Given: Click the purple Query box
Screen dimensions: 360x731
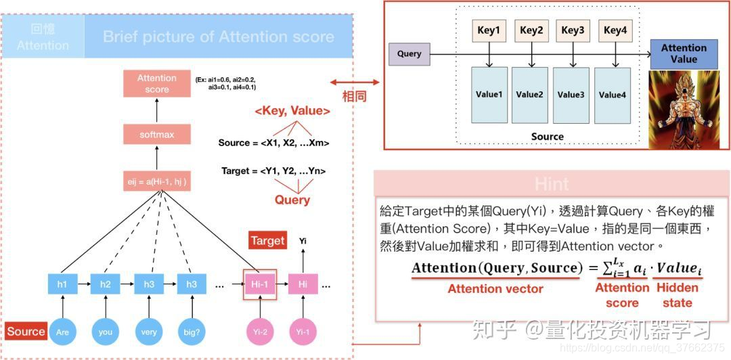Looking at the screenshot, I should pos(409,54).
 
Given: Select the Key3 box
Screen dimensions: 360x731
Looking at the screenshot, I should pos(572,30).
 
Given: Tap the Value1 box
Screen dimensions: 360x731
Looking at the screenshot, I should pos(489,94).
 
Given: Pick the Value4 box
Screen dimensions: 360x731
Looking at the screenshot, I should pos(613,94).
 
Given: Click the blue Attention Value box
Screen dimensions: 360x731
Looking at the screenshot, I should pos(683,54).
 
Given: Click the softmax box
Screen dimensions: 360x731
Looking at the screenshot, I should pos(156,135).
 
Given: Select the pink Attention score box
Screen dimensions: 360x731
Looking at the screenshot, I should pos(156,83).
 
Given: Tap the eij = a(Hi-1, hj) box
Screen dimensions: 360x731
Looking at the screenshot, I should pos(156,181).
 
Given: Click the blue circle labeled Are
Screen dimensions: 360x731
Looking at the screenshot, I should pos(62,332).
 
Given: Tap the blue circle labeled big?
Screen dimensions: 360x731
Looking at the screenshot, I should pos(192,332).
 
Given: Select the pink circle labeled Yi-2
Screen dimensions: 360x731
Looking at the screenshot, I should pos(260,332).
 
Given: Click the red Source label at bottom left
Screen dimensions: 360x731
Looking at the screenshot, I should pos(26,332).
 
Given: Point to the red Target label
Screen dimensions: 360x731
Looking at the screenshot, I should pos(268,241).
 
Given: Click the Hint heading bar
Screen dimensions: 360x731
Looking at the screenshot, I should pos(551,183).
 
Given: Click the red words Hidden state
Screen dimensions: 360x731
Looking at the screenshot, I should pos(677,295).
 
